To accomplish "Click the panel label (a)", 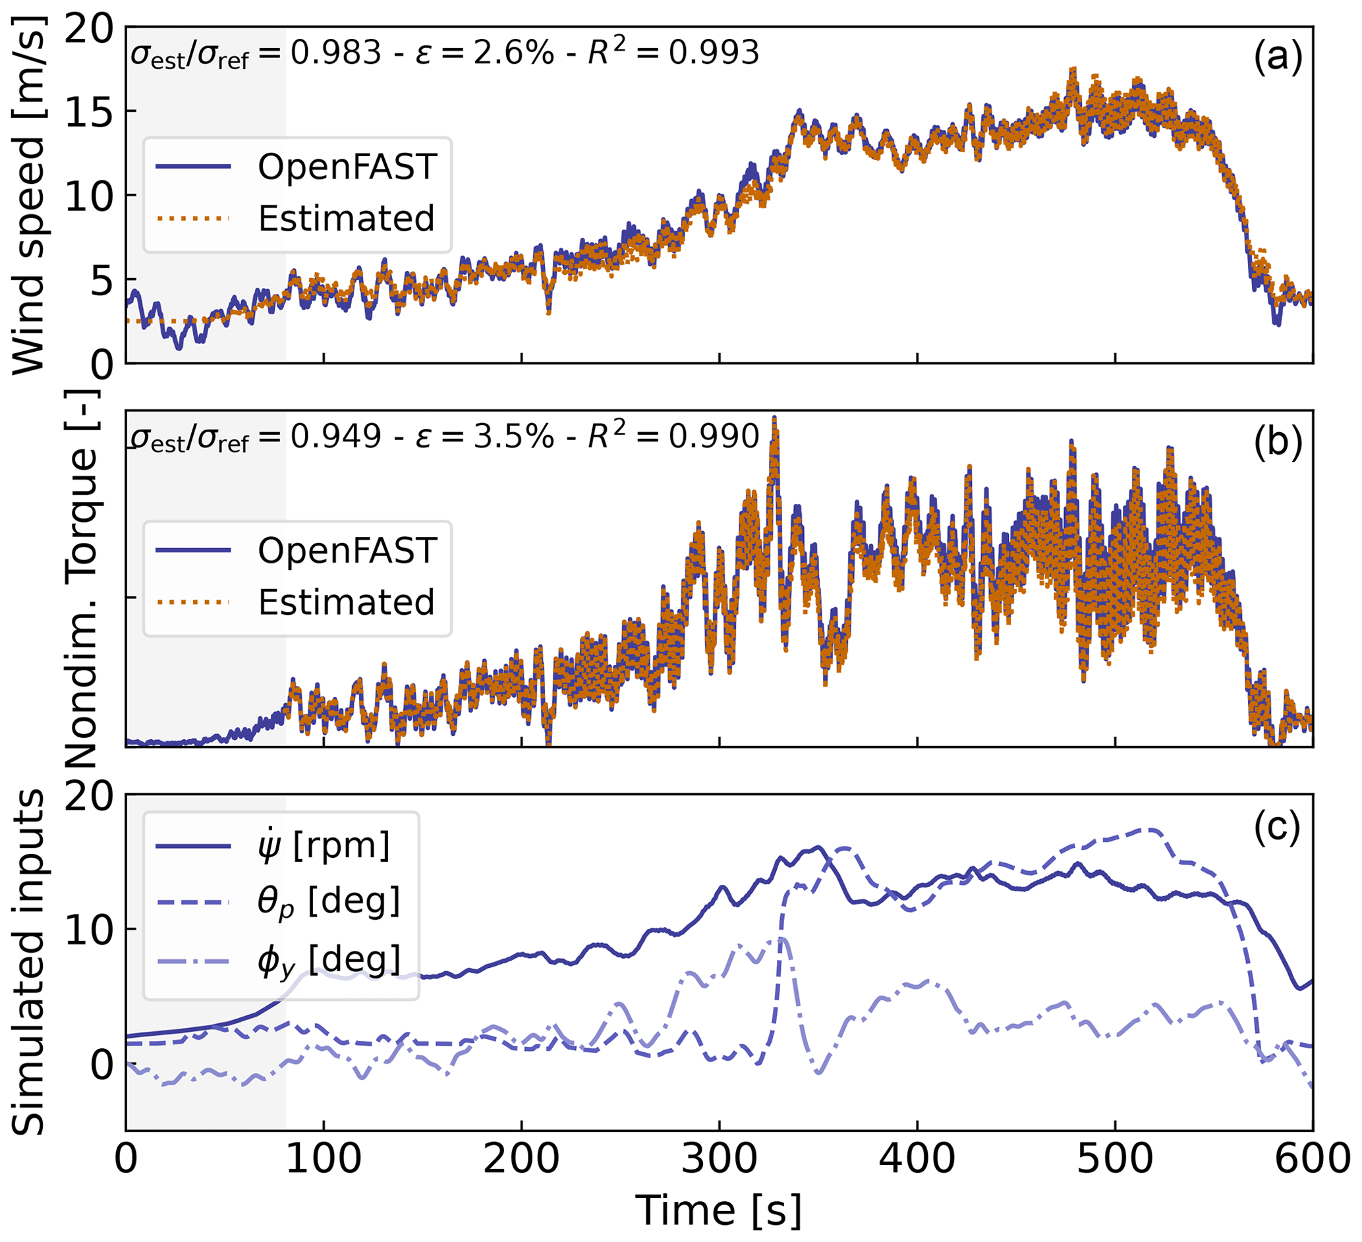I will click(1277, 59).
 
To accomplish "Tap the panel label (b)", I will click(1277, 444).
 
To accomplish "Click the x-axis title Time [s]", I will click(719, 1209).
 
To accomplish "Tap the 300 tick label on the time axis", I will click(719, 1158).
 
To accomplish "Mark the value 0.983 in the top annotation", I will click(336, 53).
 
